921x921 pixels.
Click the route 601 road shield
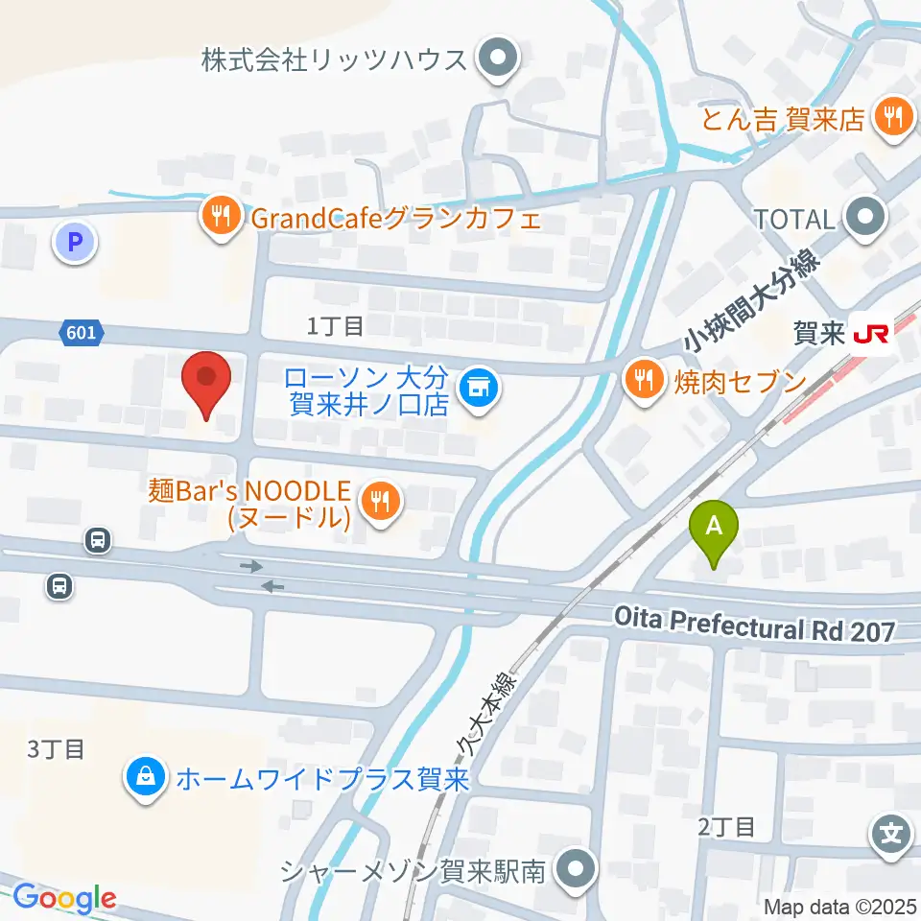[83, 333]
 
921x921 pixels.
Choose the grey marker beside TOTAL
[867, 218]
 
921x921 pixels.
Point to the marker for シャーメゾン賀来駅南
[577, 870]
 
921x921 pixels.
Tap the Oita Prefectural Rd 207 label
[755, 629]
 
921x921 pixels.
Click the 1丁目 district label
[335, 326]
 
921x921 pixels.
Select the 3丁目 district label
[57, 749]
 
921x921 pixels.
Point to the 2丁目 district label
[729, 826]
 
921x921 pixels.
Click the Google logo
[64, 898]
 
